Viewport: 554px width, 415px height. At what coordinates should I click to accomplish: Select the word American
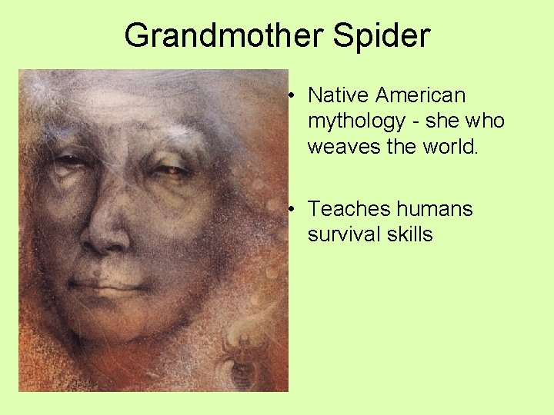tap(421, 95)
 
